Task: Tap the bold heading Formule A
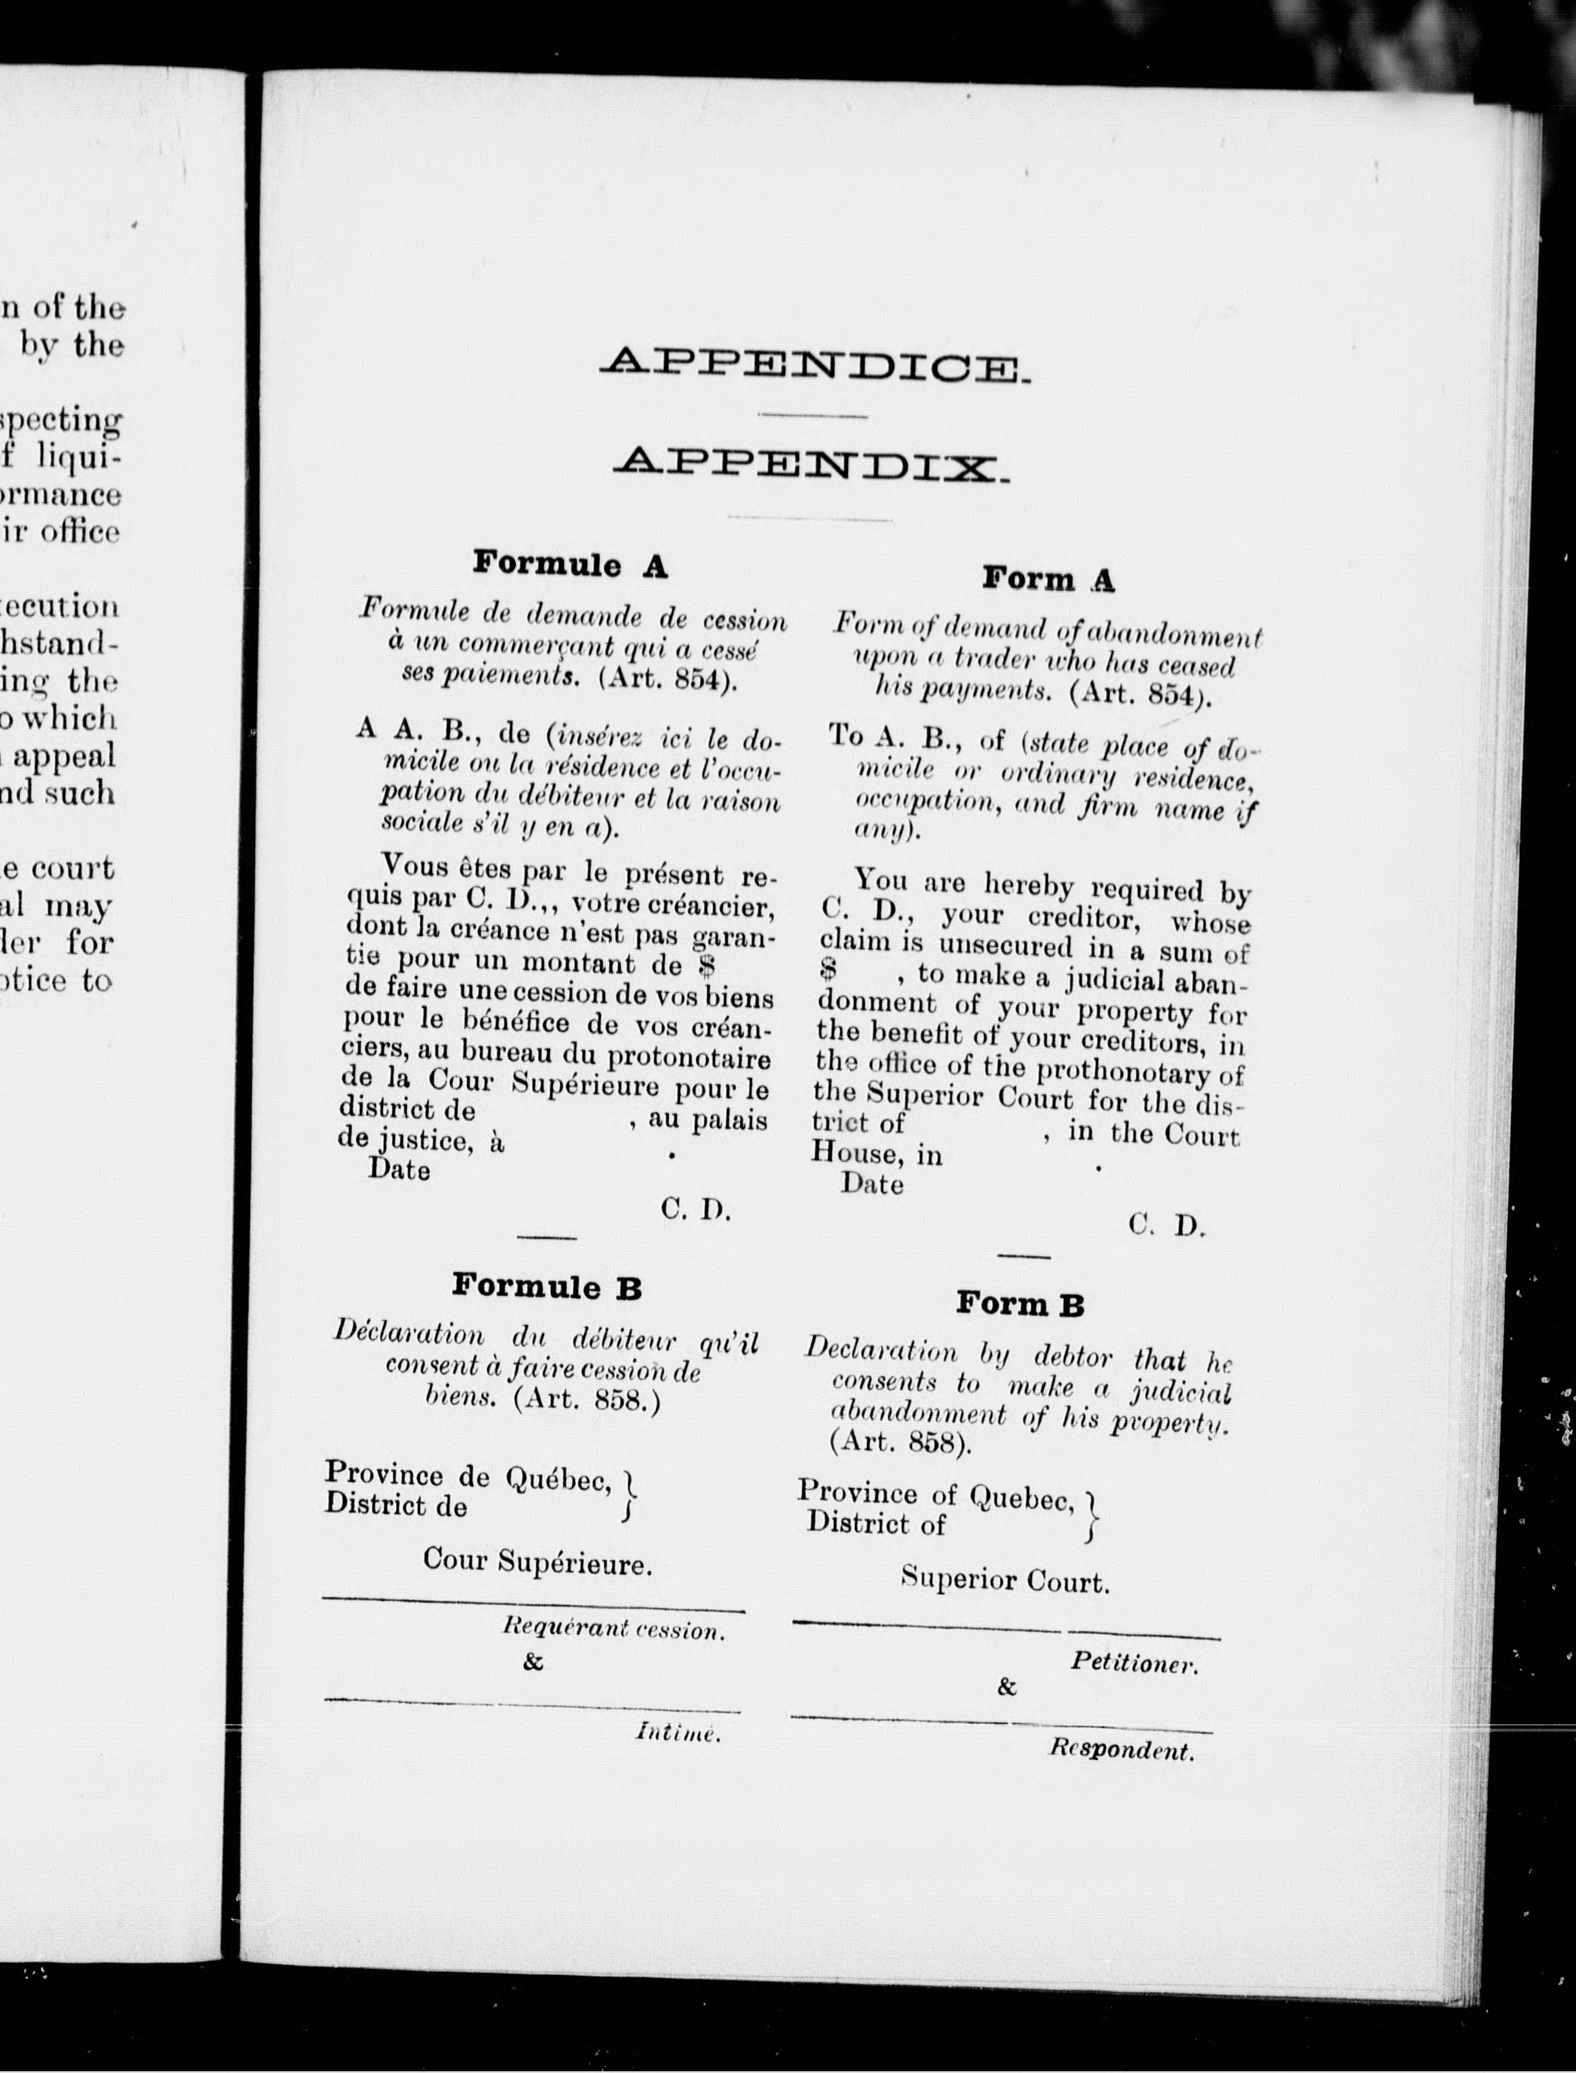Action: pos(570,564)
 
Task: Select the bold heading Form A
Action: pos(1048,579)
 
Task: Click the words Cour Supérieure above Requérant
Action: pos(537,1562)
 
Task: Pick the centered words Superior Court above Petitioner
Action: pos(1005,1581)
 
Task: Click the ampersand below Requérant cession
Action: pos(533,1663)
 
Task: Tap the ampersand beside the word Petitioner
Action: pos(1006,1687)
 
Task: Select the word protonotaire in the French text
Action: pos(689,1058)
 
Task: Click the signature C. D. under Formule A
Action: pos(695,1210)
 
